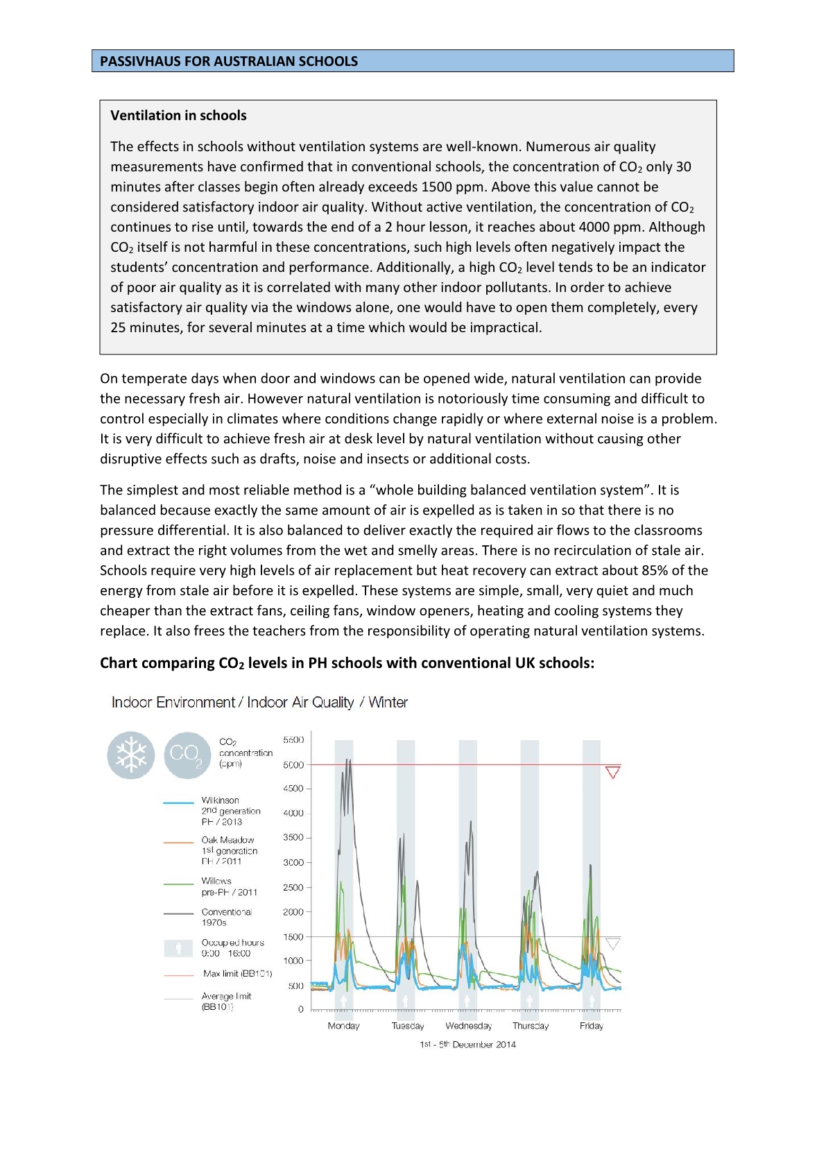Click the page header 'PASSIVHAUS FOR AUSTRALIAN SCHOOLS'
click(x=229, y=61)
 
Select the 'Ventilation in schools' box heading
click(x=178, y=115)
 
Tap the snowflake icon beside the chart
click(x=131, y=755)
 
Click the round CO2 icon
click(x=187, y=755)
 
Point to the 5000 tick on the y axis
click(x=293, y=765)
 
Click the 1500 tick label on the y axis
click(x=293, y=937)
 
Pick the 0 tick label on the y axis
click(x=300, y=1009)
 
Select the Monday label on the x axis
click(x=343, y=1026)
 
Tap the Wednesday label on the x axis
click(x=469, y=1026)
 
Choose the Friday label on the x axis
click(x=592, y=1026)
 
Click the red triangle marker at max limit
click(x=612, y=772)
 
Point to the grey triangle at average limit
click(x=612, y=943)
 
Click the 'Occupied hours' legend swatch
click(x=179, y=948)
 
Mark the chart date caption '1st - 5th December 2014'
click(x=467, y=1045)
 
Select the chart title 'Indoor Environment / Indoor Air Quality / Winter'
click(x=259, y=703)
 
